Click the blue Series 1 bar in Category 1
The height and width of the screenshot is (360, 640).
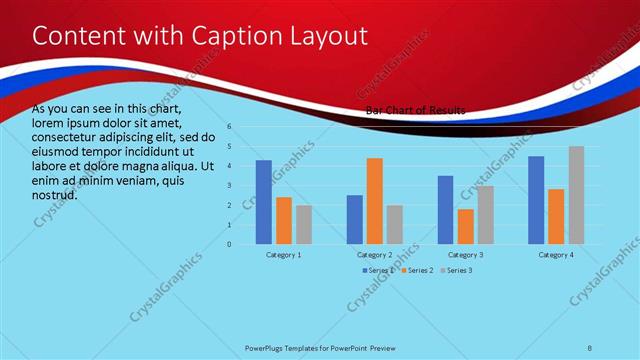click(264, 202)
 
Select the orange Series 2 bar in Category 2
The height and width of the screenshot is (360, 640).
click(375, 201)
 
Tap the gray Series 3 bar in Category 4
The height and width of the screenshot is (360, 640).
click(576, 195)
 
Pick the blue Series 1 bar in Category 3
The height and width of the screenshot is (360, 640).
click(446, 210)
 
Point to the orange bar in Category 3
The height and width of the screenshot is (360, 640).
click(466, 226)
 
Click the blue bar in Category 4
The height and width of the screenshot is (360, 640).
click(536, 200)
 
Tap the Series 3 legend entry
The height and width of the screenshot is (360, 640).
click(458, 271)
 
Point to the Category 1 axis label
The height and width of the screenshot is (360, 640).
click(284, 255)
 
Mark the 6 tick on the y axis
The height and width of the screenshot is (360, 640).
click(229, 127)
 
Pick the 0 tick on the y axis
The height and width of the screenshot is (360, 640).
click(229, 244)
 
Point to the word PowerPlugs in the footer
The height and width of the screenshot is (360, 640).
click(267, 349)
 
